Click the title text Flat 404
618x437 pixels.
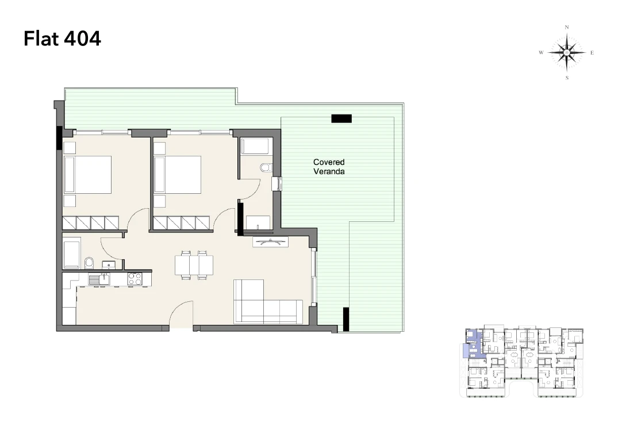(x=62, y=39)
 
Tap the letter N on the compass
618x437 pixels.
(x=567, y=27)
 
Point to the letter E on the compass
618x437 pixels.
(x=592, y=52)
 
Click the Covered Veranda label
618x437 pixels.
(x=329, y=167)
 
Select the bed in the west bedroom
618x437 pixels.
(x=87, y=175)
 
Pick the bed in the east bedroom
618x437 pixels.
(x=178, y=175)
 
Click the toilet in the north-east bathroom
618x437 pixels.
(x=266, y=168)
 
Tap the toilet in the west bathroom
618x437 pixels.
(x=90, y=263)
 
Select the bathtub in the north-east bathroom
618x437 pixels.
(x=255, y=146)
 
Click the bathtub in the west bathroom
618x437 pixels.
(x=72, y=252)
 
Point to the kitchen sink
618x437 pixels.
(x=99, y=279)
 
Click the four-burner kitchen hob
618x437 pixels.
(x=135, y=279)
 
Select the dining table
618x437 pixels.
(x=194, y=265)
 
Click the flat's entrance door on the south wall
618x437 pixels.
(x=181, y=315)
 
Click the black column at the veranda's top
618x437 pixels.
(x=341, y=118)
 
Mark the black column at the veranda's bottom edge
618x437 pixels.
(x=346, y=319)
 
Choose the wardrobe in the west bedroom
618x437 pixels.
(x=91, y=223)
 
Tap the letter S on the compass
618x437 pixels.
(x=567, y=78)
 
